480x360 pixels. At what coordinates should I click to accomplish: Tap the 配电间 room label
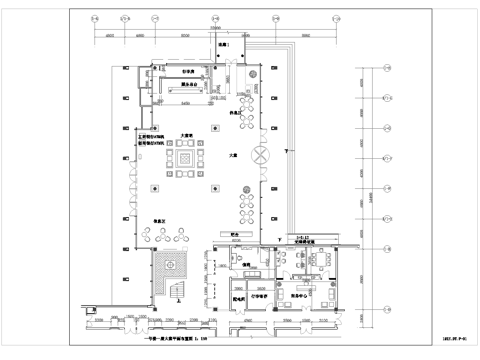pos(240,297)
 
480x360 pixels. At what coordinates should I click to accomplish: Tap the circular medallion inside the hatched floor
pos(170,264)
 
